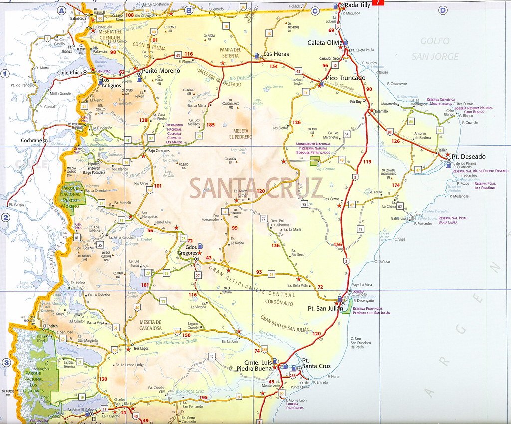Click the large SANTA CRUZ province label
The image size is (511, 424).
256,188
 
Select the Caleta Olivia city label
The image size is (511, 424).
325,43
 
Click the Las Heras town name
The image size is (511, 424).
275,54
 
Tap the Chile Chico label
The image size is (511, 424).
69,72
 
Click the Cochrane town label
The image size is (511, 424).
31,141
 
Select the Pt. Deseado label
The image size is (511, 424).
467,156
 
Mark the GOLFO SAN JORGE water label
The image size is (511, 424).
435,49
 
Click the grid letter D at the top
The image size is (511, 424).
442,10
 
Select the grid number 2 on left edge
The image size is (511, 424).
6,217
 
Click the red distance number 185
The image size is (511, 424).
210,125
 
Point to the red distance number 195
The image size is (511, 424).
203,397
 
